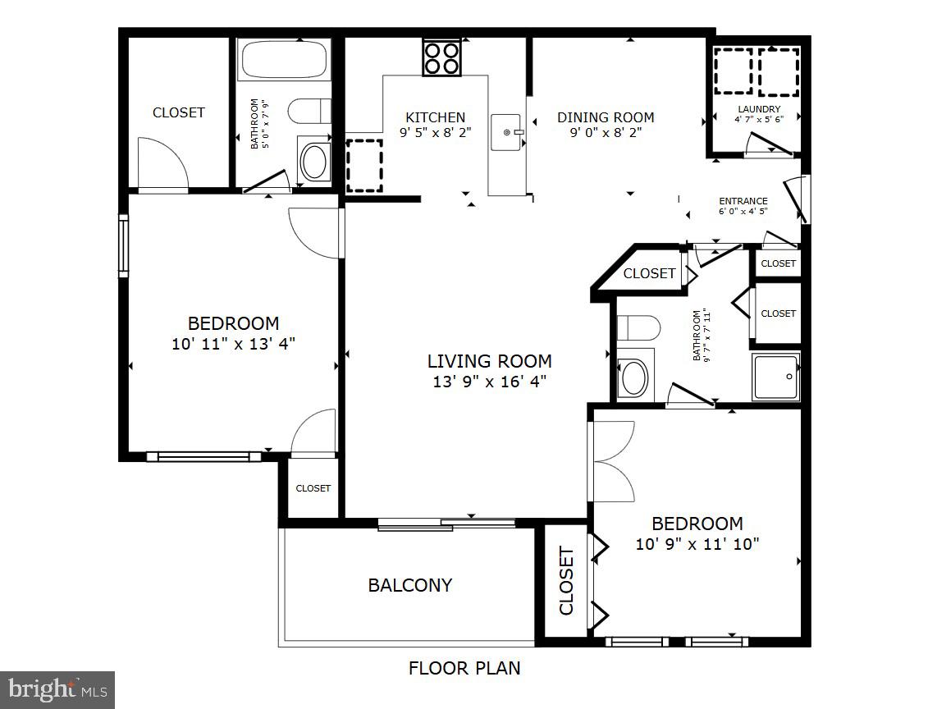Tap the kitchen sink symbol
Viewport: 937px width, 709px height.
(506, 132)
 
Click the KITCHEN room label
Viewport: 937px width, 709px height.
(435, 117)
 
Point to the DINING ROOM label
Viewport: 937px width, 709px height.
(606, 117)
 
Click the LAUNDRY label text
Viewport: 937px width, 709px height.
(759, 109)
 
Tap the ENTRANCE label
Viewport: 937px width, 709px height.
(743, 201)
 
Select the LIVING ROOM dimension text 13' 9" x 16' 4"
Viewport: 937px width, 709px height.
(489, 381)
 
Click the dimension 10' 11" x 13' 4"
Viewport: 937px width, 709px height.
(233, 343)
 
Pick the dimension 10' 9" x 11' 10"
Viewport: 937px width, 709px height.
(697, 543)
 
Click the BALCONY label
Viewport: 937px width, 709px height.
(409, 585)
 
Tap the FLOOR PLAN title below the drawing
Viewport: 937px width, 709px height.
(464, 668)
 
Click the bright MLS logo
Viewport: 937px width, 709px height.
(57, 689)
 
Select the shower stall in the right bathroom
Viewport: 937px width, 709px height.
(775, 377)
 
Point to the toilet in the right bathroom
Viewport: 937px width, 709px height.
(638, 328)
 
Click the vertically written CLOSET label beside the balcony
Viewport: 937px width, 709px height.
(566, 581)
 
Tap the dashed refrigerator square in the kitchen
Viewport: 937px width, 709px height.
(363, 165)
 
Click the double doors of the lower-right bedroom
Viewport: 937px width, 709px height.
(613, 461)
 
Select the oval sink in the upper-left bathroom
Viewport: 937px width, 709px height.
(313, 162)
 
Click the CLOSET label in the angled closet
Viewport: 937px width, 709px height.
(649, 273)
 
